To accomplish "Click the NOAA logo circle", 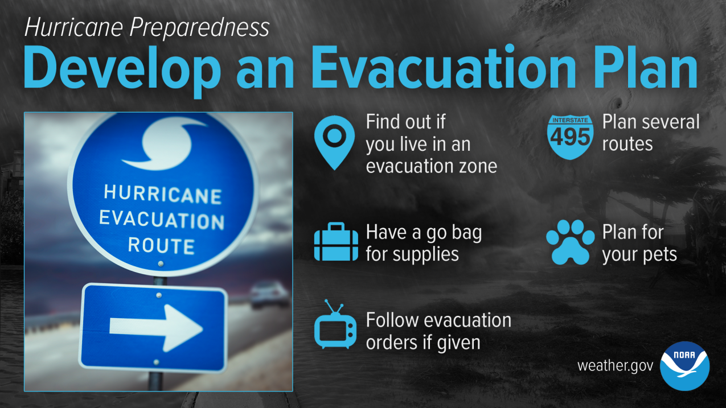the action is (x=685, y=366).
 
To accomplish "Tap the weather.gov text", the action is (x=615, y=366).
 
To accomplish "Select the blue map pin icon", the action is (x=334, y=142).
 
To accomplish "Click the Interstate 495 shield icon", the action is (x=571, y=137).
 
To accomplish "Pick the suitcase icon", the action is (x=336, y=242).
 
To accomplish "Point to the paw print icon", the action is (x=571, y=242).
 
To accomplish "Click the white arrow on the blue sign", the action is (x=156, y=328).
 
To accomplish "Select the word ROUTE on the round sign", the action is (x=161, y=245).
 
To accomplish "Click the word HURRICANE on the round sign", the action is (x=163, y=194).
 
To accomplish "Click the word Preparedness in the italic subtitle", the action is (x=200, y=27).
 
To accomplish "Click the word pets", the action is (x=658, y=255).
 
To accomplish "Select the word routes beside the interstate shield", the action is (x=627, y=144).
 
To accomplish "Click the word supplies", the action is (x=426, y=254).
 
